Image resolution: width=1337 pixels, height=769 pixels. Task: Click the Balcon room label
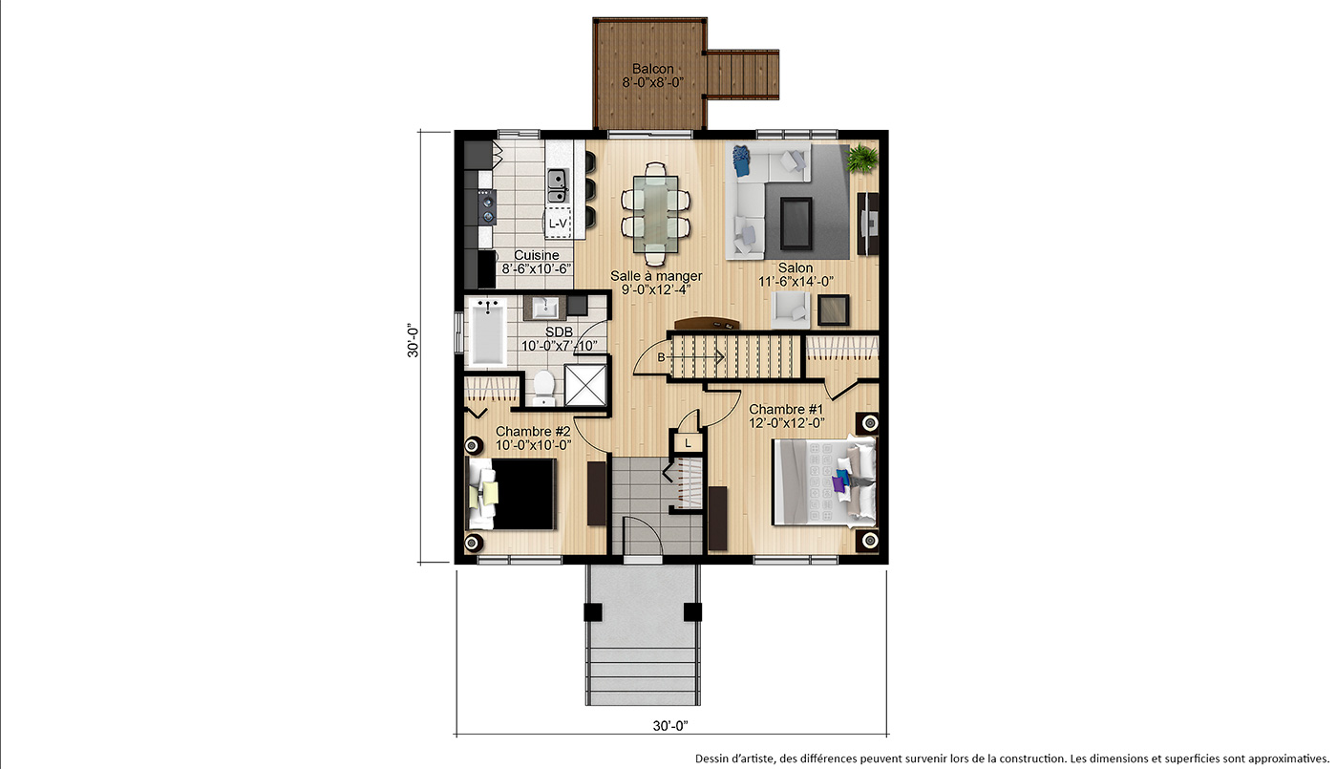click(653, 69)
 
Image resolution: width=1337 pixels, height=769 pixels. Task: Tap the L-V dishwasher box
click(558, 224)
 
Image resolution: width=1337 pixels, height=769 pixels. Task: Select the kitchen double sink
click(558, 185)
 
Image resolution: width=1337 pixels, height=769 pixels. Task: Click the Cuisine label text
click(537, 255)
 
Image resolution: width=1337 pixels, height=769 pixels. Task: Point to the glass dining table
click(655, 214)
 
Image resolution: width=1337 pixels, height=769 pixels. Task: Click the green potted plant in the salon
click(861, 159)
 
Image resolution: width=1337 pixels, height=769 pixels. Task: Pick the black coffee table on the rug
click(796, 224)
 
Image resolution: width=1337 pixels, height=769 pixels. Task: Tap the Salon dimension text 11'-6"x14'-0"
click(796, 281)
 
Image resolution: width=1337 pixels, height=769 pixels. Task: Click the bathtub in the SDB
click(488, 331)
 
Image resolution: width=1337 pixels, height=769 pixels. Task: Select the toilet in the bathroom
click(543, 387)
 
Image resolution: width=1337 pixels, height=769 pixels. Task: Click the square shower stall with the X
click(584, 385)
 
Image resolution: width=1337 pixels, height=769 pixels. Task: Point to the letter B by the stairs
click(661, 357)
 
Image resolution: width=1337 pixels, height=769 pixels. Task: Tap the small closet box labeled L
click(689, 443)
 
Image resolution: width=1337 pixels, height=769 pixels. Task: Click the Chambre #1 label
click(786, 409)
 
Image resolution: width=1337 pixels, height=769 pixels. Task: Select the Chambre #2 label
click(533, 431)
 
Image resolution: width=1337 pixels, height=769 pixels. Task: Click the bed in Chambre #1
click(824, 482)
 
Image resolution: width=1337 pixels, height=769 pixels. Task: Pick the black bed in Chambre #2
click(512, 494)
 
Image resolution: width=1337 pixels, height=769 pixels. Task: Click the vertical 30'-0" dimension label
click(413, 341)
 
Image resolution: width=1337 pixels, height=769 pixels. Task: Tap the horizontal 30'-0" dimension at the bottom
click(670, 725)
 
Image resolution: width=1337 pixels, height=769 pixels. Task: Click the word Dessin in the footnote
click(712, 758)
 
